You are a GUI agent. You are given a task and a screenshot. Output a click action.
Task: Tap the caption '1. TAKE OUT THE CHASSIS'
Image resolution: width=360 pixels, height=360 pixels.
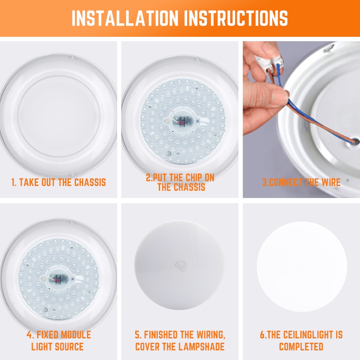tap(58, 182)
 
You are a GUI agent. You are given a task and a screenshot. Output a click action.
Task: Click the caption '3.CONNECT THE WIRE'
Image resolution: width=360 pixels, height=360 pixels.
tap(301, 182)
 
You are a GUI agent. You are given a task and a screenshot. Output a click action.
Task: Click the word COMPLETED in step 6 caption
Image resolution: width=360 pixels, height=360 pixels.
tap(301, 346)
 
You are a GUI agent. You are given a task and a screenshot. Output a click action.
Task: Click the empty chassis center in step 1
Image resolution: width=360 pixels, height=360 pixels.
tap(58, 116)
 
